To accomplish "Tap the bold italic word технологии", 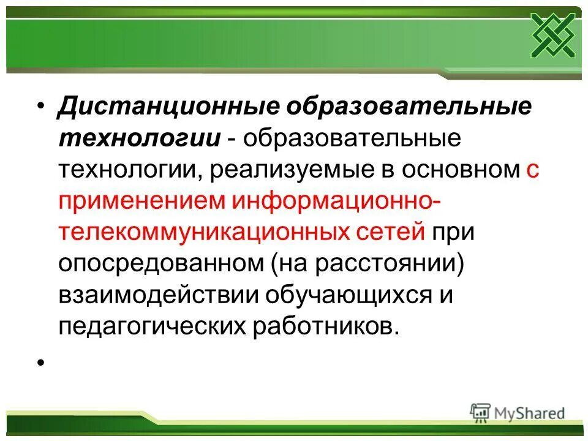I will (140, 139).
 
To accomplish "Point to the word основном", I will (461, 170).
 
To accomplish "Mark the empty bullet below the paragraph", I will (42, 363).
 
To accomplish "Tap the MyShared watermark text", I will (531, 413).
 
